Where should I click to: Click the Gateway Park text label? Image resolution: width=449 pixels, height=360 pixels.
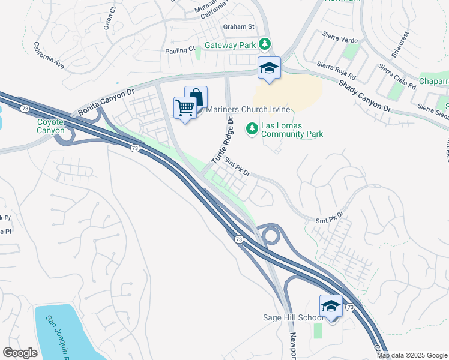pos(231,45)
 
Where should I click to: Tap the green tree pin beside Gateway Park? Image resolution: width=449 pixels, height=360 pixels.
pos(265,44)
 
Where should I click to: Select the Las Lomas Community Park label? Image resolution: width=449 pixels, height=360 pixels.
pos(292,130)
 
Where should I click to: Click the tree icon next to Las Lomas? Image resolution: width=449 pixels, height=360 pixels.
pos(252,127)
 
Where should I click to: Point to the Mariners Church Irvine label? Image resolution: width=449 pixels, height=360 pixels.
pos(248,109)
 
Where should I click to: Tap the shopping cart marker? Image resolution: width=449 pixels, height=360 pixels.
pos(185,108)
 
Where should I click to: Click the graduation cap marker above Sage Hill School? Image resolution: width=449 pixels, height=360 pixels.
pos(331,307)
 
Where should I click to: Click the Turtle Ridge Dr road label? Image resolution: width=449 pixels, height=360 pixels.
pos(221,141)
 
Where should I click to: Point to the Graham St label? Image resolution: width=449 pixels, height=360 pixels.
pos(239,26)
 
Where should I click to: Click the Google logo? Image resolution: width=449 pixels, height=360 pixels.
pos(20,353)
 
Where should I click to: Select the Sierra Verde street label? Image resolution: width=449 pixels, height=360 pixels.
pos(340,40)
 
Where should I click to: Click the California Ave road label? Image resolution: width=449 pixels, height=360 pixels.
pos(49,54)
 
